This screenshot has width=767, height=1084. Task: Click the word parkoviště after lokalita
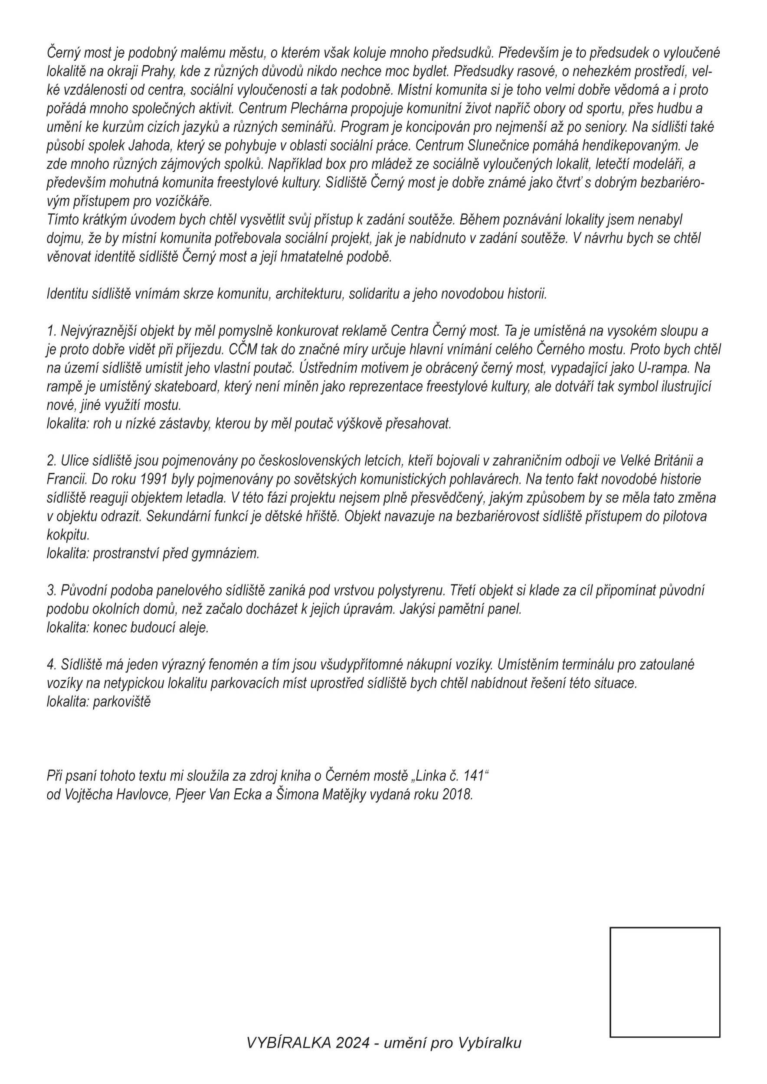click(121, 702)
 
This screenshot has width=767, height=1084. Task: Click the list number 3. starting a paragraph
click(52, 590)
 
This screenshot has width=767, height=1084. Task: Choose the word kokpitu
click(67, 535)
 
